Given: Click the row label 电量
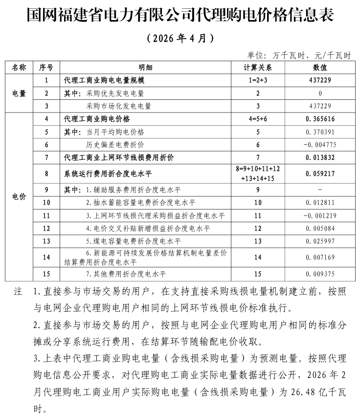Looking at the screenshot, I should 19,93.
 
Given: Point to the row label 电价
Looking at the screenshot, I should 19,196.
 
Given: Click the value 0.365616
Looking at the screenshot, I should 320,119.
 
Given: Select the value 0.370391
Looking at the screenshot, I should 320,132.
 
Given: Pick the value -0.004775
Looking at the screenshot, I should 320,144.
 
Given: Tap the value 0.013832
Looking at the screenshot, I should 320,158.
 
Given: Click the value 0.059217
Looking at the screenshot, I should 320,173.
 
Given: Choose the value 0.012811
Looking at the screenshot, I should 320,202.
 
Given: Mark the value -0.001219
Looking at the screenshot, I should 320,215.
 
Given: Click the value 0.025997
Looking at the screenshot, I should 320,241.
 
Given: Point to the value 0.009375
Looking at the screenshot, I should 320,274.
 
